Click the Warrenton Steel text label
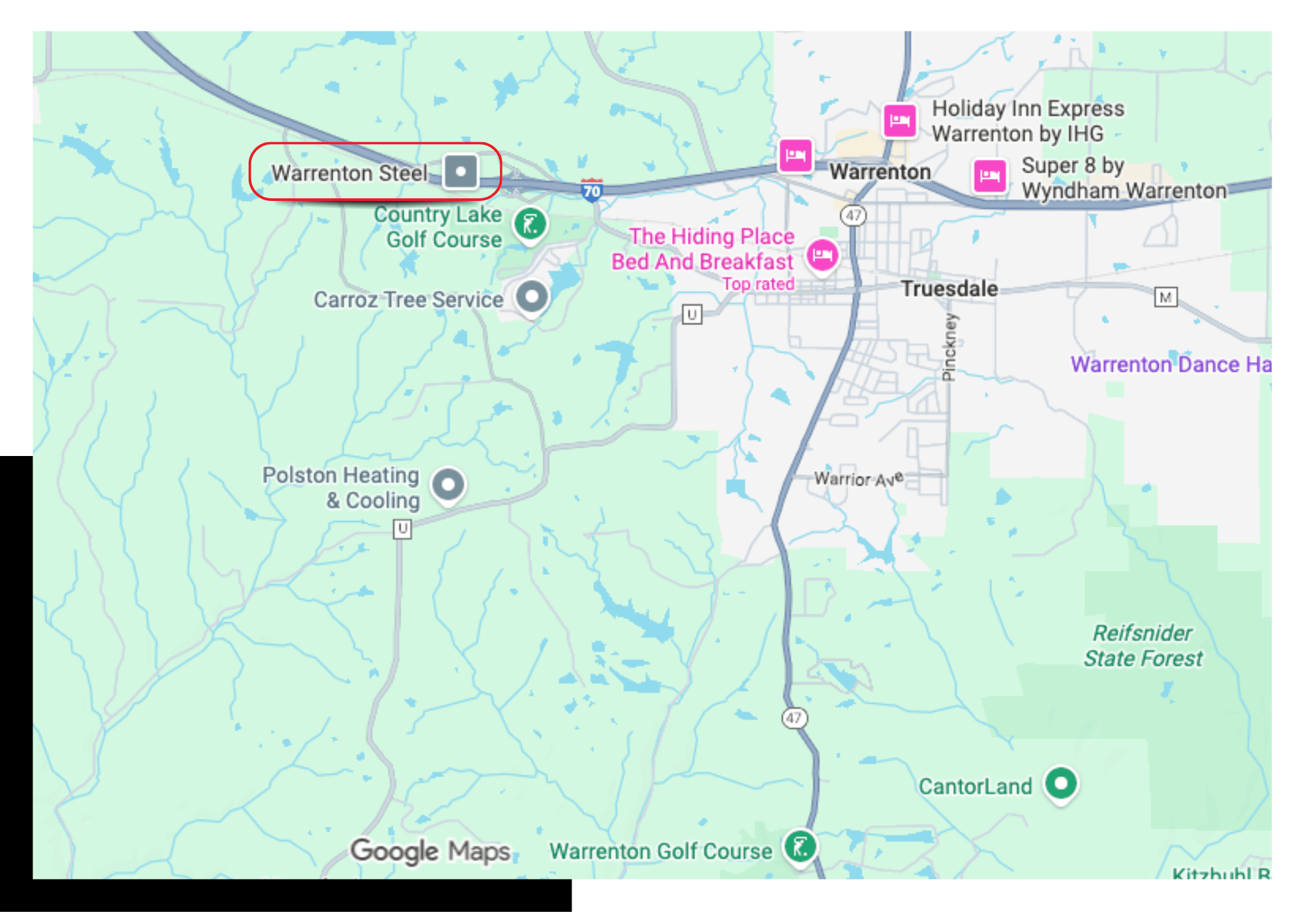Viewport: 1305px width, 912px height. tap(349, 173)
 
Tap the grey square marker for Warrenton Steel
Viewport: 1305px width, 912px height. tap(461, 172)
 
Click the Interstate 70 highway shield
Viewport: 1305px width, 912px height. tap(592, 190)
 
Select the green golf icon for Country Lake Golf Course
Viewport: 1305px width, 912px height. tap(530, 224)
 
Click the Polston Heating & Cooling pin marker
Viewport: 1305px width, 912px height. tap(448, 485)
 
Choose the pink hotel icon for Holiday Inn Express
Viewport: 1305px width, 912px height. tap(900, 120)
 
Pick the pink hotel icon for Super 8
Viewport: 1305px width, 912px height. tap(989, 175)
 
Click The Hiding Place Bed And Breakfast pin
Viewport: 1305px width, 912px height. tap(822, 255)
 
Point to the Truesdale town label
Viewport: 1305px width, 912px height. tap(949, 288)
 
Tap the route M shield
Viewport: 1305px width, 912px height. tap(1165, 297)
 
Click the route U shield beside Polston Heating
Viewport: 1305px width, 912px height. tap(403, 528)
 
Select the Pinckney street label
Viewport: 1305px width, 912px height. tap(949, 346)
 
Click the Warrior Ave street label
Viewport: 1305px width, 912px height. tap(858, 479)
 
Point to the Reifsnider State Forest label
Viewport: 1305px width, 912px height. tap(1143, 645)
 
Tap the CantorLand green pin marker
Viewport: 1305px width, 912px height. tap(1061, 783)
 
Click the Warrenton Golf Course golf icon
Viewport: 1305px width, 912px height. tap(801, 847)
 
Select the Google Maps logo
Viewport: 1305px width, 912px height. tap(431, 851)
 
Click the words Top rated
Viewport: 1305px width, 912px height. tap(758, 284)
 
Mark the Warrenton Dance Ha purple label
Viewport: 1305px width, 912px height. tap(1171, 364)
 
